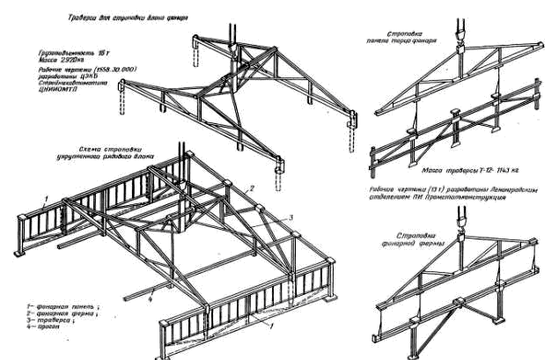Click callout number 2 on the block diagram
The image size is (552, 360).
(250, 189)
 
